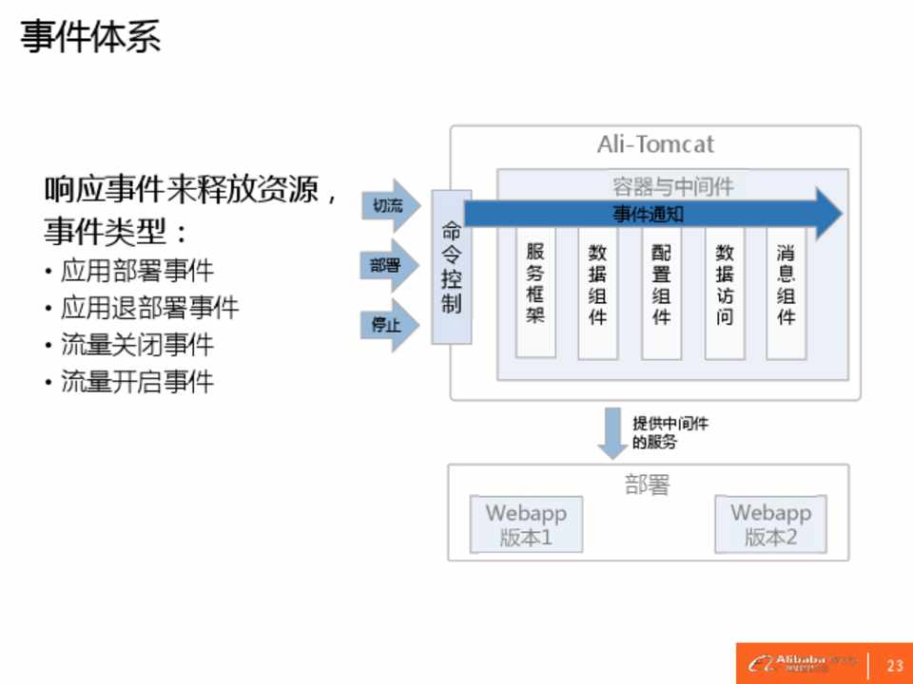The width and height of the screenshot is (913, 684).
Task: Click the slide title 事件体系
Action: (90, 38)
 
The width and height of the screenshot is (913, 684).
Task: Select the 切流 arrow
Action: (389, 205)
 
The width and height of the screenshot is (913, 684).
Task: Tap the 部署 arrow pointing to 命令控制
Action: (389, 266)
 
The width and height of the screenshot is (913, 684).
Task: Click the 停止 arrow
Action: (389, 325)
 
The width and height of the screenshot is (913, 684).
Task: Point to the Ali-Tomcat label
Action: (654, 144)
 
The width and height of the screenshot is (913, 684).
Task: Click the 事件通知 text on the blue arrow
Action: (648, 215)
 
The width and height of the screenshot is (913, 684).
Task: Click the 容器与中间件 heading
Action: (672, 186)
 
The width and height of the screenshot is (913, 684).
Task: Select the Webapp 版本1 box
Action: (526, 524)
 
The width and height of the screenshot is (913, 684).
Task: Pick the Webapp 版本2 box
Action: (770, 524)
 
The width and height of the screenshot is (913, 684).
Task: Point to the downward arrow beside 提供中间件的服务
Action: (610, 432)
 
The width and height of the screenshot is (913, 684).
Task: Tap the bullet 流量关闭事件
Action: (137, 344)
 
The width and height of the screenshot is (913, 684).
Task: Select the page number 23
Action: (894, 664)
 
